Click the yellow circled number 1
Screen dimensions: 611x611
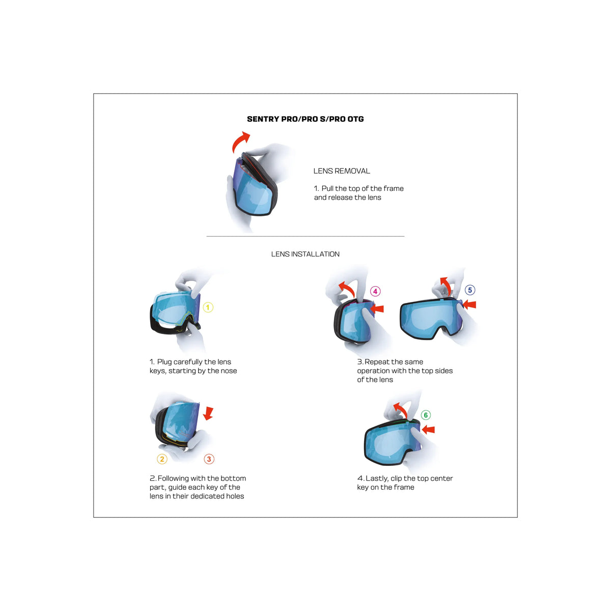point(208,307)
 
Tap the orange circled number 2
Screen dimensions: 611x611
point(162,459)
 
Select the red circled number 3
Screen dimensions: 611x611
point(209,459)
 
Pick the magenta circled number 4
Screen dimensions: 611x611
point(375,291)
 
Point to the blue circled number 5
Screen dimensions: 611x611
point(470,290)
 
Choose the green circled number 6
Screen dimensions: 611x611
point(426,415)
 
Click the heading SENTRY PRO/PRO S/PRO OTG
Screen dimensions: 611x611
point(305,119)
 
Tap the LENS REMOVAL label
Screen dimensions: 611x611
point(342,171)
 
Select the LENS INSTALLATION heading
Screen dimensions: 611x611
point(305,254)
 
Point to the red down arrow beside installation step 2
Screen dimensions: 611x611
point(208,413)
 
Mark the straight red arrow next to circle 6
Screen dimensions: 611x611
point(428,430)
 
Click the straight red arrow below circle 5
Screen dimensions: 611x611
point(469,304)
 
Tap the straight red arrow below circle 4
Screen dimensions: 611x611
point(377,308)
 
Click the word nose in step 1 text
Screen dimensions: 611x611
point(228,371)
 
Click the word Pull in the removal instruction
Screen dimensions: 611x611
point(327,188)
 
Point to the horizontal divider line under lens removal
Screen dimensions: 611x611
point(305,236)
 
